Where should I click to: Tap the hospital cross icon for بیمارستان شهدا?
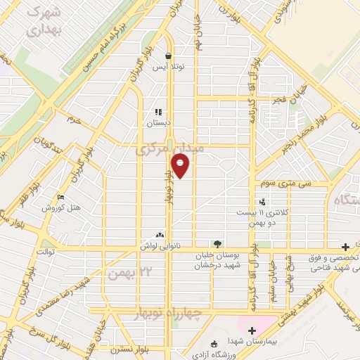click(x=252, y=329)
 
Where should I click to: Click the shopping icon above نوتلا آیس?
click(x=169, y=55)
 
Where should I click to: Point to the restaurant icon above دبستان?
click(x=159, y=111)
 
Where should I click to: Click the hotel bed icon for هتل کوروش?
click(x=61, y=198)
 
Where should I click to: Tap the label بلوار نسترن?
click(x=125, y=349)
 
